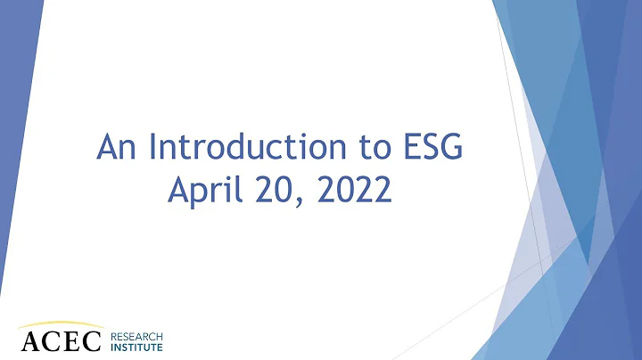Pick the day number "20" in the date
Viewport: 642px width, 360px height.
point(266,189)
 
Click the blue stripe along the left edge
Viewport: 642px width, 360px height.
point(13,134)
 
